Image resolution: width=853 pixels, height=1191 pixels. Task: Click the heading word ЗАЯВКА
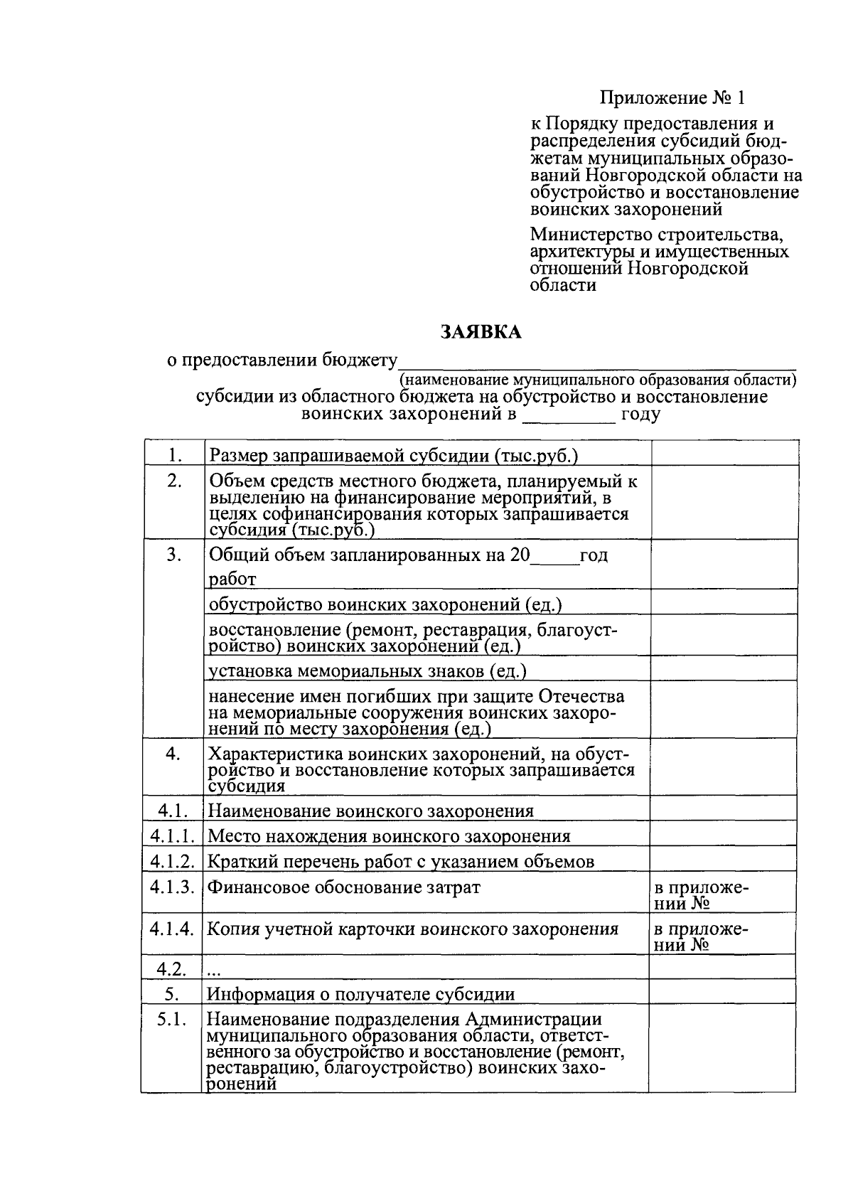(x=481, y=332)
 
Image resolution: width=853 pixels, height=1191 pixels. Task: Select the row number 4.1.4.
(x=172, y=928)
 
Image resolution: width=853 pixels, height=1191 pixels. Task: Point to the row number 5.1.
(x=172, y=1020)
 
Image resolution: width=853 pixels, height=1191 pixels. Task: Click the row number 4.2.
(x=172, y=968)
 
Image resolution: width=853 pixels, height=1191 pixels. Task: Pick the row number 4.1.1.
(x=172, y=836)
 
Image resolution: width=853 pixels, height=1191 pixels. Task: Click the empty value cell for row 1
(x=723, y=454)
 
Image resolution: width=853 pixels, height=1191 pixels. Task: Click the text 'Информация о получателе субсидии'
(x=360, y=994)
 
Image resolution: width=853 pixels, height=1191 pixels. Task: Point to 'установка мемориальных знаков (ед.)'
(x=367, y=671)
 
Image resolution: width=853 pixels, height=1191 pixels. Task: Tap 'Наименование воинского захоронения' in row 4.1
(x=370, y=811)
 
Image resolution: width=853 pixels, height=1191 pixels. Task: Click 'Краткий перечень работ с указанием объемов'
(x=400, y=862)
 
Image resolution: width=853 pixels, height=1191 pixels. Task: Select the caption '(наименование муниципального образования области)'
(x=598, y=379)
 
